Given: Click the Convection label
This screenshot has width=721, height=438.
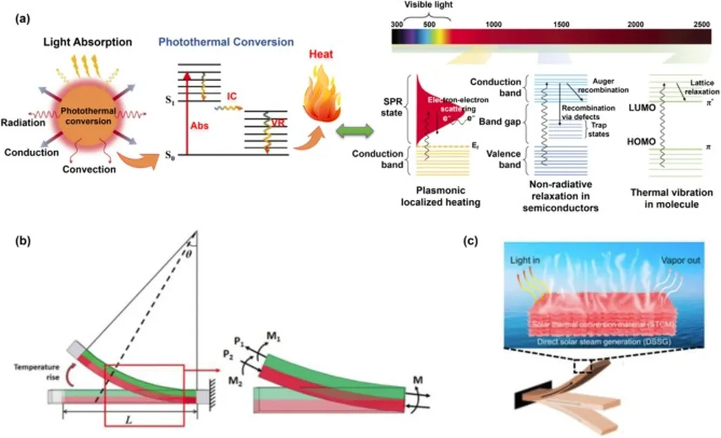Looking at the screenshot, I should (x=88, y=169).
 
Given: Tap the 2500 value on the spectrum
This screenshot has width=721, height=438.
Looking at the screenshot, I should (x=701, y=24).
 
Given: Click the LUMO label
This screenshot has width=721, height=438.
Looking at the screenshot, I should (x=640, y=108).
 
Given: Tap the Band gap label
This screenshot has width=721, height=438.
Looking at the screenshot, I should (x=499, y=122).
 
